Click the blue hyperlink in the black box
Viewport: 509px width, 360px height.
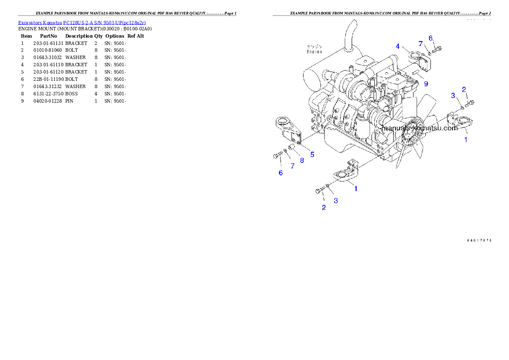pos(82,23)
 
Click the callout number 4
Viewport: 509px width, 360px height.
pos(397,46)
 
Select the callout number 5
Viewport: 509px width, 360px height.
pos(312,154)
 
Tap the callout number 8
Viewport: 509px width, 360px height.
pos(302,160)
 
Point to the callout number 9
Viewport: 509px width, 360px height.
pos(426,84)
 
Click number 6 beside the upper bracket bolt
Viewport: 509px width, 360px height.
pos(431,38)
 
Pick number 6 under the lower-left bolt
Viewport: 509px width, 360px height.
pos(281,173)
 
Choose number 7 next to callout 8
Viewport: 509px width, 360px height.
pos(293,166)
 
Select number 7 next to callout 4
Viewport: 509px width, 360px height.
pos(421,44)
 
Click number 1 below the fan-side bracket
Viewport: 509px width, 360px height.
pos(466,139)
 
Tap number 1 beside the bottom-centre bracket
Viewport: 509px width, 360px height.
pos(355,188)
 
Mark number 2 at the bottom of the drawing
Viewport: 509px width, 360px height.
pos(324,208)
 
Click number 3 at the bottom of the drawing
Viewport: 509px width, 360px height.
pos(336,200)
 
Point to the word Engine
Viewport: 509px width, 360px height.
pos(314,52)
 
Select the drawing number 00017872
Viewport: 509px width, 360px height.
pos(479,240)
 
